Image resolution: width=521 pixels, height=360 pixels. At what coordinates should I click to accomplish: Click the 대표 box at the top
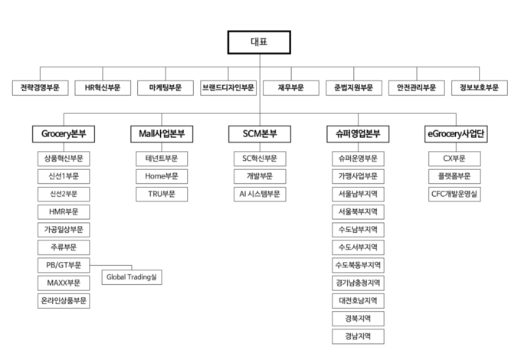click(x=259, y=42)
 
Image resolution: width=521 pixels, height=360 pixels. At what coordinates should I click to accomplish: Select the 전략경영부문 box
click(x=40, y=88)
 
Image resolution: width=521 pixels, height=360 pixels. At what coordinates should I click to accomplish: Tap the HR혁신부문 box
click(x=103, y=88)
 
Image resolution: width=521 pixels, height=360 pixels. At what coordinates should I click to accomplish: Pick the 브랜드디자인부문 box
click(x=228, y=88)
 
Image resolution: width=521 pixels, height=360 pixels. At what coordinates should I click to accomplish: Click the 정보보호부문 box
click(x=480, y=88)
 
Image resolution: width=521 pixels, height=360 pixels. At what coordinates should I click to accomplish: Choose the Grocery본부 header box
click(x=64, y=134)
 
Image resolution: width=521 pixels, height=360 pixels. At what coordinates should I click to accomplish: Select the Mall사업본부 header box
click(x=162, y=134)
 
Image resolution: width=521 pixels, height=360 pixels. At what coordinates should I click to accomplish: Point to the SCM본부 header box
click(x=260, y=134)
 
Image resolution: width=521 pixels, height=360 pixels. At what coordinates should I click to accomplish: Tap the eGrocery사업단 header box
click(x=456, y=134)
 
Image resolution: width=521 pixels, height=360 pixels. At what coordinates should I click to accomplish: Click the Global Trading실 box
click(x=132, y=277)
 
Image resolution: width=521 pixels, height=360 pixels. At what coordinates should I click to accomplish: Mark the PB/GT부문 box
click(x=64, y=265)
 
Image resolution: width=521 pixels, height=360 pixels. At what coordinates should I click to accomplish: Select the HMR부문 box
click(x=64, y=212)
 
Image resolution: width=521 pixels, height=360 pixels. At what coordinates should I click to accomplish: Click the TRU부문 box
click(x=162, y=194)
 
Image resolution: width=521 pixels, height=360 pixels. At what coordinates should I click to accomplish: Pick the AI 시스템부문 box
click(x=260, y=194)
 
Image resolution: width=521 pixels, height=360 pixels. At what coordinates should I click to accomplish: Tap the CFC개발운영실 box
click(x=454, y=194)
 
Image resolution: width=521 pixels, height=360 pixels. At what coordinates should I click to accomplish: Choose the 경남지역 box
click(x=359, y=336)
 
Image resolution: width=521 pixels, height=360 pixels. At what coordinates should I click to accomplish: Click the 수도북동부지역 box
click(x=359, y=265)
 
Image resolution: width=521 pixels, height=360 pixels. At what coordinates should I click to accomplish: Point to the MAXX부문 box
click(x=64, y=283)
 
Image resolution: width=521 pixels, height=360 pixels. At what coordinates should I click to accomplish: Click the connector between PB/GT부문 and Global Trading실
click(x=111, y=265)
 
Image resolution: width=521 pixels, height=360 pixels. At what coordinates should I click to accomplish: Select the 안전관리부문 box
click(x=417, y=88)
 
